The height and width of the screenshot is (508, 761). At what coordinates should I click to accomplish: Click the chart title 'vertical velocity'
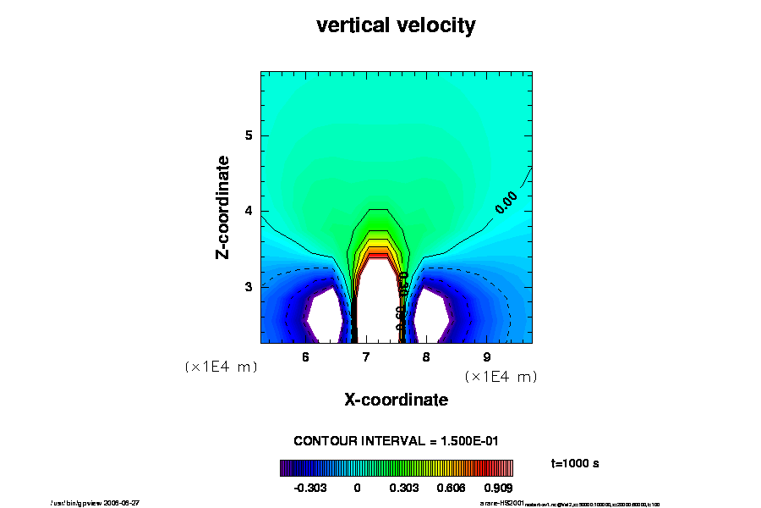[396, 25]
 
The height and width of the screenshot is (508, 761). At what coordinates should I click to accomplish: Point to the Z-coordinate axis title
[223, 207]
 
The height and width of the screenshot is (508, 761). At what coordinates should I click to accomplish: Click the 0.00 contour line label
[506, 202]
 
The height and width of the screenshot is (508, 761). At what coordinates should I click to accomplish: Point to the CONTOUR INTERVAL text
[396, 441]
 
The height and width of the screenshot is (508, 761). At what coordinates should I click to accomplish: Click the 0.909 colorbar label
[499, 488]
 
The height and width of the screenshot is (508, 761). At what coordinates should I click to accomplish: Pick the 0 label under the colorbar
[357, 488]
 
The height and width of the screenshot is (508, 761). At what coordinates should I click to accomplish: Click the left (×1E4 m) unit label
[221, 367]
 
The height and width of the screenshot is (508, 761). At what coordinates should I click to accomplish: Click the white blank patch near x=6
[325, 315]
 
